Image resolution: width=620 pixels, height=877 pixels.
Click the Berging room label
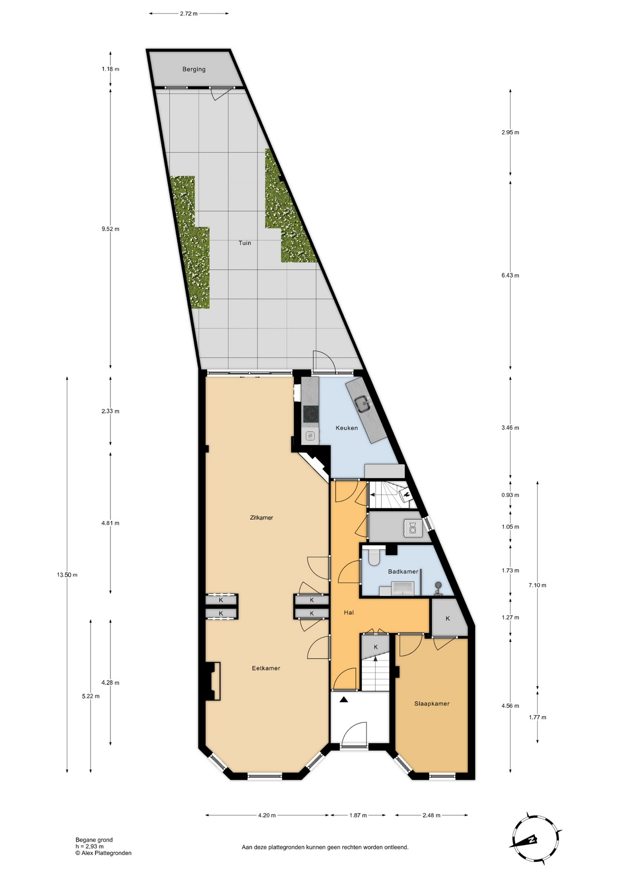coord(194,69)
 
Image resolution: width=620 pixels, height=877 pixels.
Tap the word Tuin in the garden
coord(245,243)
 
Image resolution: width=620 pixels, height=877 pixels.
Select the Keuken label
coord(347,428)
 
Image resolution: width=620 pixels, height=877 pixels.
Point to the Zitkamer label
coord(261,518)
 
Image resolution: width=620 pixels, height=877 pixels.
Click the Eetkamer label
coord(266,668)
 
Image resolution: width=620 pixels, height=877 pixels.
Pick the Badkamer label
coord(403,571)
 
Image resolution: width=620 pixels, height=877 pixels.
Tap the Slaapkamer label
coord(432,704)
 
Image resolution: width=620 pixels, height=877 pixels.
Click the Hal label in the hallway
coord(349,613)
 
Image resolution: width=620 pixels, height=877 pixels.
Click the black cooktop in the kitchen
coord(311,414)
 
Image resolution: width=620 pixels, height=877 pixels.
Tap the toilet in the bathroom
coord(374,557)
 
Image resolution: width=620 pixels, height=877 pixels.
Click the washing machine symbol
coord(412,528)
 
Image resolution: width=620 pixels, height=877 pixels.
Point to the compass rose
coord(535,839)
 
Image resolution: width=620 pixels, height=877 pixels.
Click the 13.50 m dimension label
coord(67,575)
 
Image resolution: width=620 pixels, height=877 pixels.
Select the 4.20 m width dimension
coord(267,815)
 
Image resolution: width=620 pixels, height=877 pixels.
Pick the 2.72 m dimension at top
coord(189,14)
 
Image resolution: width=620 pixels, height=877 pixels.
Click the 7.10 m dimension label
coord(537,585)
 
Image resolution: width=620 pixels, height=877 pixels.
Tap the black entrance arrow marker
coord(344,699)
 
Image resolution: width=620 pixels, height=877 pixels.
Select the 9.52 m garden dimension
coord(110,229)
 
